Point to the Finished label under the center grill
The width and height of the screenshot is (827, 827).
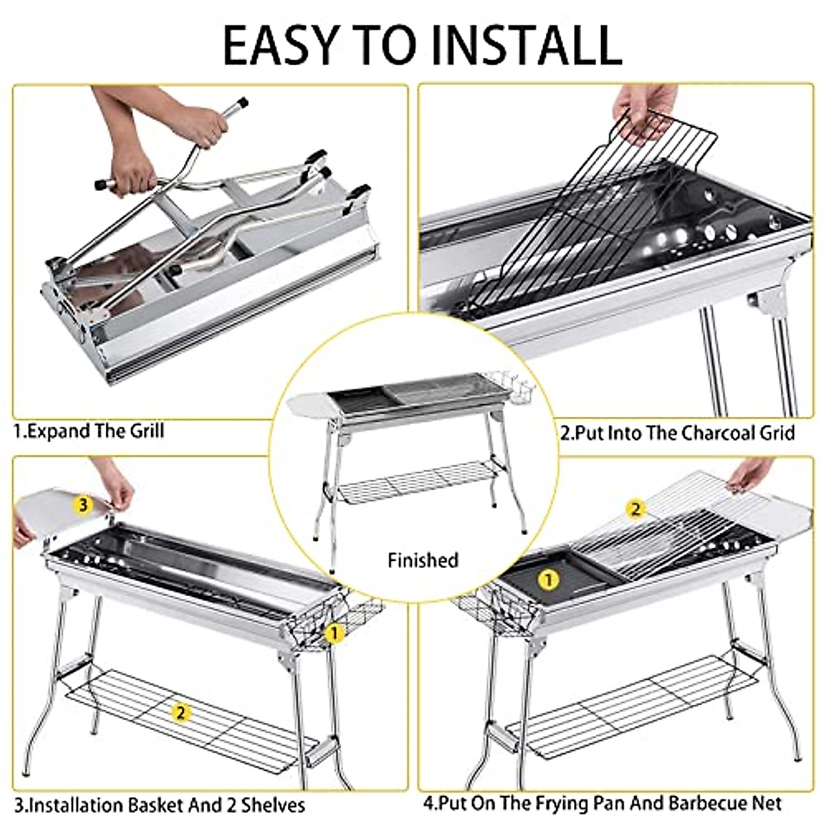coord(422,560)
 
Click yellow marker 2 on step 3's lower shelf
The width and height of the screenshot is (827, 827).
coord(181,713)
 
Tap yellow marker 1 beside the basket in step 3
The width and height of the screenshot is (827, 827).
coord(334,633)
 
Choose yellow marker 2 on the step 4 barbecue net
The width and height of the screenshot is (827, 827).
coord(635,509)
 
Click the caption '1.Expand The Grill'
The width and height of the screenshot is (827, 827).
coord(90,431)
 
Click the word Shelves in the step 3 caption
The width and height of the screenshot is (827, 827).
coord(272,805)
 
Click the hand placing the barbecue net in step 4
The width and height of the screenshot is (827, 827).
coord(751,474)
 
